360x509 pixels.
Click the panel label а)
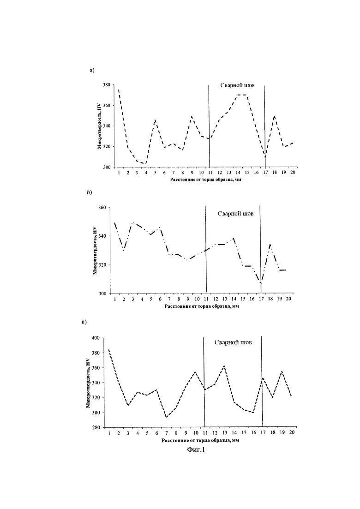pyautogui.click(x=92, y=70)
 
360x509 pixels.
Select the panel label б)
pyautogui.click(x=89, y=192)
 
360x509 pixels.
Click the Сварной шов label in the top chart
pyautogui.click(x=238, y=85)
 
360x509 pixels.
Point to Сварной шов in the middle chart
pyautogui.click(x=236, y=214)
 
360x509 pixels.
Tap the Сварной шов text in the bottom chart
pyautogui.click(x=233, y=342)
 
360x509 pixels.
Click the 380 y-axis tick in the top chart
pyautogui.click(x=107, y=85)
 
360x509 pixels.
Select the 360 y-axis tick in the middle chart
pyautogui.click(x=102, y=207)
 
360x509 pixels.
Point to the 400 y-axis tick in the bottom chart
pyautogui.click(x=96, y=338)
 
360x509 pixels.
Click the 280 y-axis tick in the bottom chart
pyautogui.click(x=96, y=427)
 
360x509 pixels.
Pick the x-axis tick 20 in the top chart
pyautogui.click(x=293, y=173)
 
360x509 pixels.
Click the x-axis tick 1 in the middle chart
pyautogui.click(x=114, y=299)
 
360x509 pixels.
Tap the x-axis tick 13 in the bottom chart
pyautogui.click(x=225, y=433)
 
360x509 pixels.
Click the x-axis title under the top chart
pyautogui.click(x=206, y=180)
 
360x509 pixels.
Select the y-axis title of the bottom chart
pyautogui.click(x=88, y=383)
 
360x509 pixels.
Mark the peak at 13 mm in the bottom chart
pyautogui.click(x=224, y=366)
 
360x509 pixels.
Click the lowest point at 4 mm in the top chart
pyautogui.click(x=146, y=164)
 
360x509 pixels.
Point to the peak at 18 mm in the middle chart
pyautogui.click(x=270, y=244)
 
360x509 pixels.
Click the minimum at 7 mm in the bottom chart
pyautogui.click(x=166, y=417)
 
